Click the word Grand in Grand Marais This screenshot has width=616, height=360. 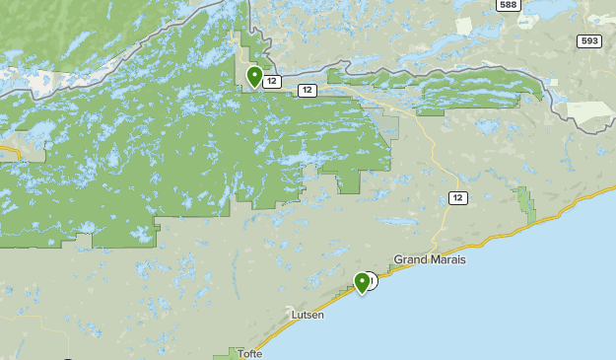(409, 259)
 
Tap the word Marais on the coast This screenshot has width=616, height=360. (445, 259)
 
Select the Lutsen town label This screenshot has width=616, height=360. (307, 315)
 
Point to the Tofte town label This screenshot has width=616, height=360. (249, 354)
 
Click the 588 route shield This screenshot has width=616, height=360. (508, 5)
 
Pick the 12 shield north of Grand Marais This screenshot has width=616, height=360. (457, 198)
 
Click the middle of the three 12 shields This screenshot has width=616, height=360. (308, 91)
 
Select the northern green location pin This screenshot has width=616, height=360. (254, 75)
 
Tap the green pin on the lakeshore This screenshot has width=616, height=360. (362, 282)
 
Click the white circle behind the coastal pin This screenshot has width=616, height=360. (371, 280)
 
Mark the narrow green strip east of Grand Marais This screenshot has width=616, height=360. (526, 205)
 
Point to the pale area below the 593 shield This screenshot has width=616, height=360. (591, 116)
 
